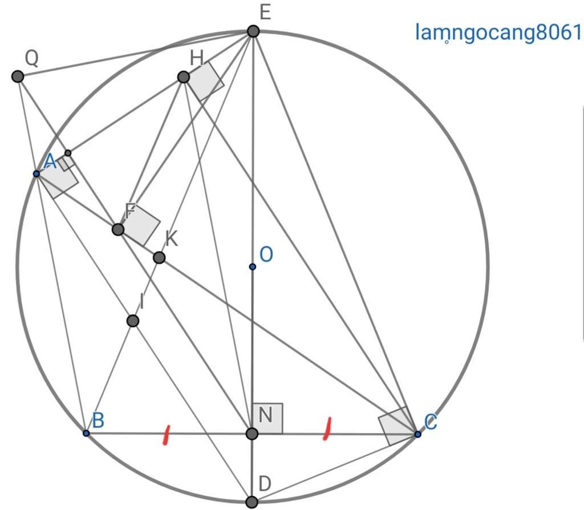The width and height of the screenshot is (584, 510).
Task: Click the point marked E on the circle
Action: (253, 31)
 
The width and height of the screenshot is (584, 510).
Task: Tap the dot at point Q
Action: (18, 76)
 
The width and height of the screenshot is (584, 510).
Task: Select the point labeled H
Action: (183, 76)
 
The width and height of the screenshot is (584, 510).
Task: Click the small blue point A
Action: (36, 173)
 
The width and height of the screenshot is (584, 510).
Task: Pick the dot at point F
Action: (117, 229)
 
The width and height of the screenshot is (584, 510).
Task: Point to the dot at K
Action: (159, 258)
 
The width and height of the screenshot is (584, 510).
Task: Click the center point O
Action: (252, 266)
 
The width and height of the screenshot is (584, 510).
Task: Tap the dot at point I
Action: (133, 321)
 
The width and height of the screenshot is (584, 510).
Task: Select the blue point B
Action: (86, 433)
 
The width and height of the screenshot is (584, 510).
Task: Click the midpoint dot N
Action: (252, 434)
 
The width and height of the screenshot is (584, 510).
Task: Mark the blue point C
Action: (417, 434)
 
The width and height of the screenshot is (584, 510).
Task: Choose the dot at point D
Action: (251, 502)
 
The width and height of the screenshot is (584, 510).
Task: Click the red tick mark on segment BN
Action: (166, 434)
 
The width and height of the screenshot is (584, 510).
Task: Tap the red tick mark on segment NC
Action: (328, 429)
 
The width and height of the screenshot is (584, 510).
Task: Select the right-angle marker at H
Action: (205, 80)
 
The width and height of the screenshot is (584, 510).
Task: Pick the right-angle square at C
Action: (396, 426)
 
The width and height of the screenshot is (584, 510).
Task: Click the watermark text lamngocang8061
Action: (498, 33)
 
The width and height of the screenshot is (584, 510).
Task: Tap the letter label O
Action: (266, 254)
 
